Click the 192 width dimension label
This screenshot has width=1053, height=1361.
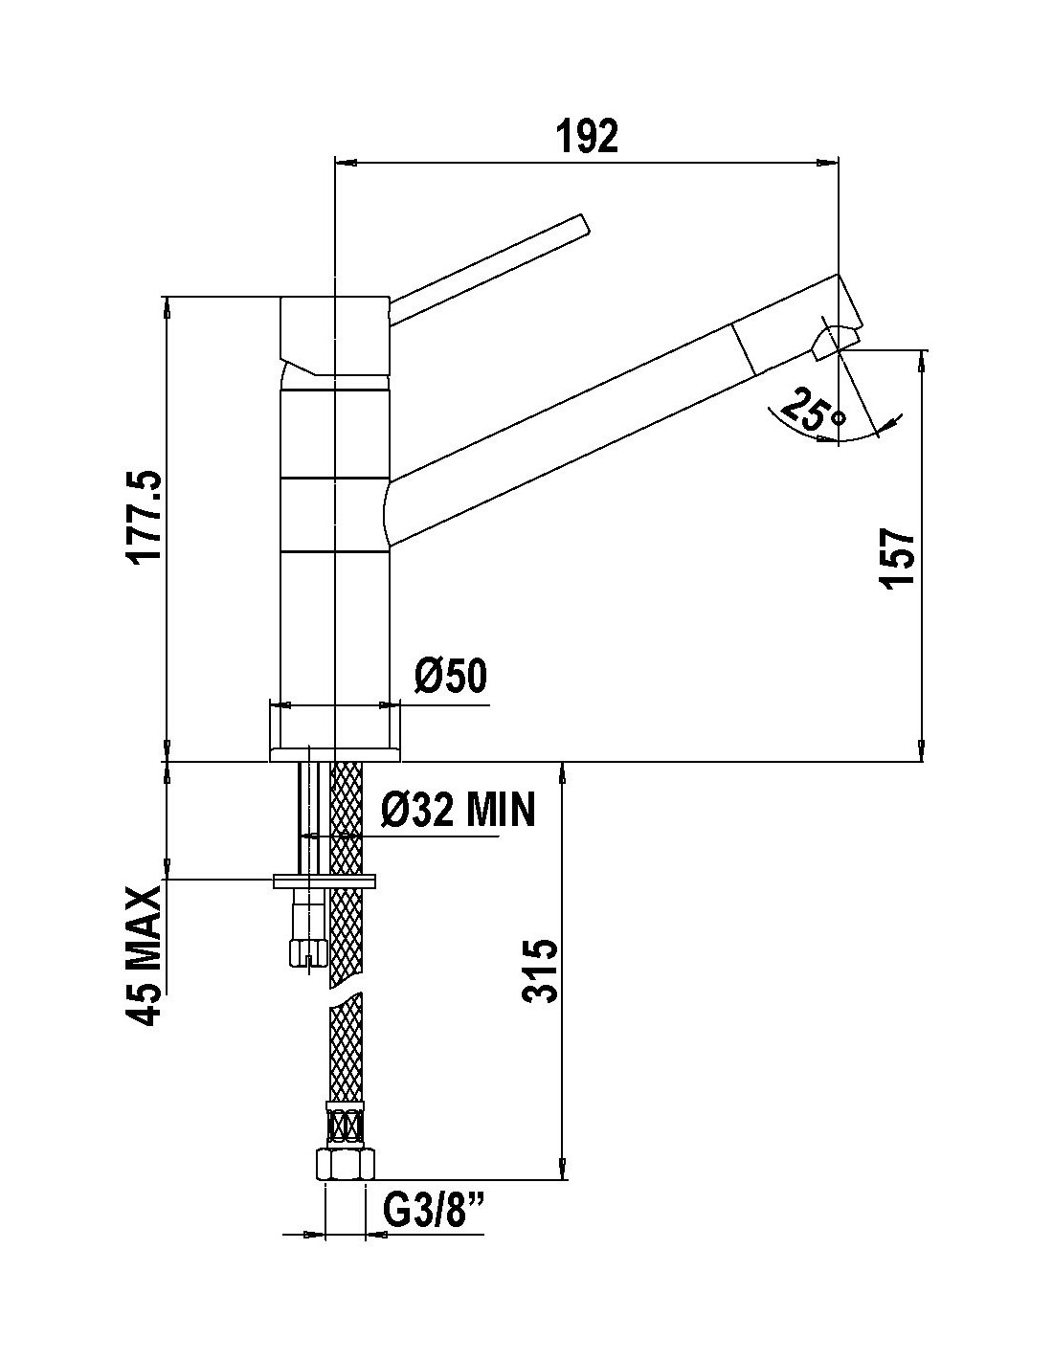(x=587, y=135)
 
